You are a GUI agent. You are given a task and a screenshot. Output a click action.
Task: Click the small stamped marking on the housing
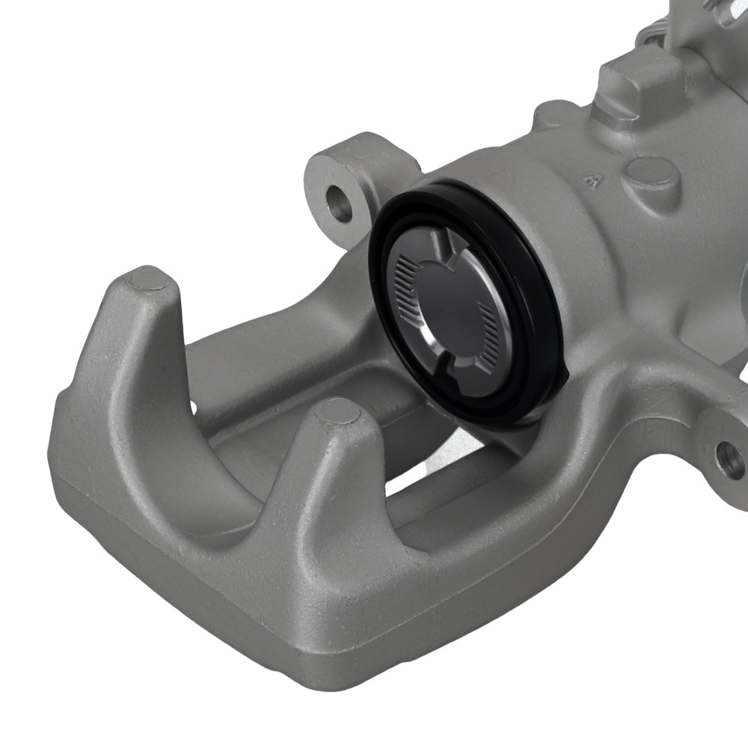click(x=596, y=180)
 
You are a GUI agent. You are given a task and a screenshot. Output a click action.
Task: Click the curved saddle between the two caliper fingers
click(x=224, y=479)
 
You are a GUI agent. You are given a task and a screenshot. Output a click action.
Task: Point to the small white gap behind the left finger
click(x=193, y=408)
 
